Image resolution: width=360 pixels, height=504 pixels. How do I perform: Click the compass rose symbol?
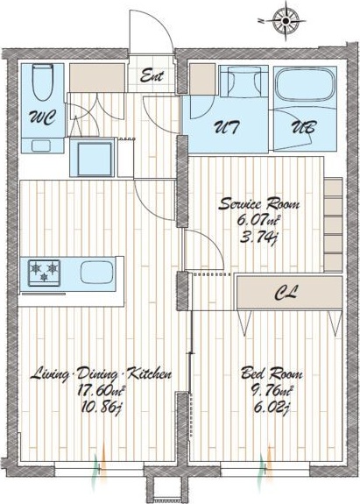pyautogui.click(x=286, y=21)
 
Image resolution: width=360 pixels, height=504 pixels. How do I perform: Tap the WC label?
pyautogui.click(x=43, y=117)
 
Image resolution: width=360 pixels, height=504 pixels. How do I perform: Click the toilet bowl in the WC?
pyautogui.click(x=43, y=82)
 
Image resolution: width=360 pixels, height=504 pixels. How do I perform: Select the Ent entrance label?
pyautogui.click(x=152, y=76)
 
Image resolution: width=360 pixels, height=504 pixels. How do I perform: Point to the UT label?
pyautogui.click(x=227, y=126)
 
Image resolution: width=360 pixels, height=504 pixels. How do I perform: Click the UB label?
pyautogui.click(x=303, y=126)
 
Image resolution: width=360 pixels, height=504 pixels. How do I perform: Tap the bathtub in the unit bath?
pyautogui.click(x=305, y=85)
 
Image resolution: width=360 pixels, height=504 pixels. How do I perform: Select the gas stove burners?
pyautogui.click(x=45, y=273)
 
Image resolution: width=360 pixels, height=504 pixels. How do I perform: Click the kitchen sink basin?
pyautogui.click(x=96, y=272)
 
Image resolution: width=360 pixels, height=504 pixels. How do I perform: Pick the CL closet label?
pyautogui.click(x=286, y=293)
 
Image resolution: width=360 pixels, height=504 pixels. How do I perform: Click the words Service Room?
pyautogui.click(x=259, y=204)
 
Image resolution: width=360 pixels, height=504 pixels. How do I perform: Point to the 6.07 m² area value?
pyautogui.click(x=258, y=221)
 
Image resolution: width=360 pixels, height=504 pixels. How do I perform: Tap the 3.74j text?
pyautogui.click(x=258, y=238)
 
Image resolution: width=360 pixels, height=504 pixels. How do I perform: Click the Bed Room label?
pyautogui.click(x=272, y=374)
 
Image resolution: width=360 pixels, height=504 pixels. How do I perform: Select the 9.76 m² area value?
pyautogui.click(x=272, y=391)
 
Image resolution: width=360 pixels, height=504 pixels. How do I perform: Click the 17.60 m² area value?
pyautogui.click(x=101, y=391)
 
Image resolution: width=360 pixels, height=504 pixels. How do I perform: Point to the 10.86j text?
pyautogui.click(x=101, y=408)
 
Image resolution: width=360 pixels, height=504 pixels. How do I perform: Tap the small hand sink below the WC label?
pyautogui.click(x=41, y=146)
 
